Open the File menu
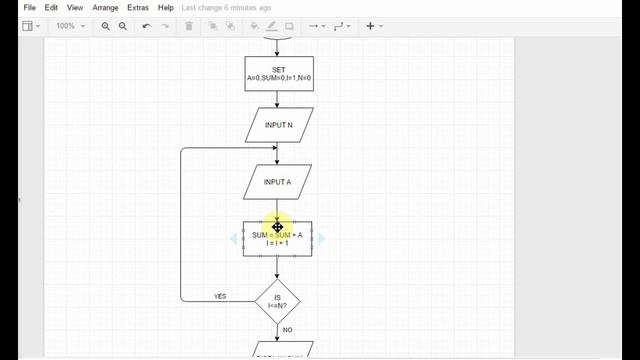pos(29,8)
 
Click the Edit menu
pos(51,8)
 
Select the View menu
pos(75,8)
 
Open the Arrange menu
pos(105,8)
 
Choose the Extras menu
pos(138,8)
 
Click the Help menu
pos(166,8)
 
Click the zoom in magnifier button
pos(106,26)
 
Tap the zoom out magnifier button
pos(123,26)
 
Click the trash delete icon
pos(190,26)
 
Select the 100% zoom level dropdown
pos(70,26)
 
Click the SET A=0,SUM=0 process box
pos(278,73)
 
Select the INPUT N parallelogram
pos(278,125)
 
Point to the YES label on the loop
pos(220,296)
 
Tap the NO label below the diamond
pos(287,329)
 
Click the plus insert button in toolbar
pos(370,26)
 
